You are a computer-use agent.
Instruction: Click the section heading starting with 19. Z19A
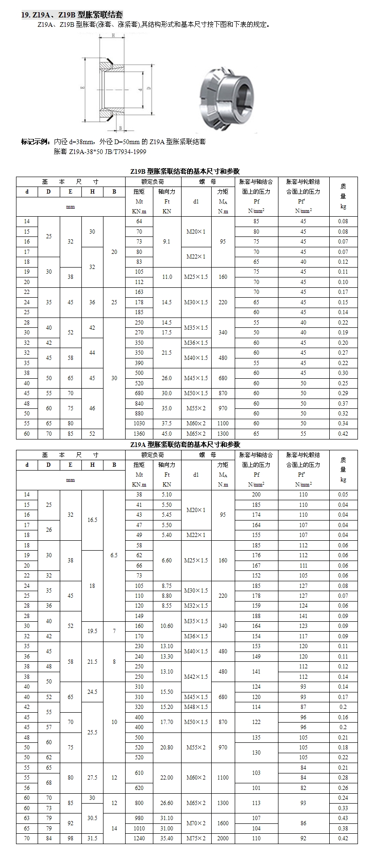[72, 16]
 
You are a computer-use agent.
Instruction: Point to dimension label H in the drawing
[113, 36]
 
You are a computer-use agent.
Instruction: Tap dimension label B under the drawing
[120, 128]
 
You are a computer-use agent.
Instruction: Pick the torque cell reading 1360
[139, 434]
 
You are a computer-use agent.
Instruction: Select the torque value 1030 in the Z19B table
[139, 423]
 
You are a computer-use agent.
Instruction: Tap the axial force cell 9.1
[167, 242]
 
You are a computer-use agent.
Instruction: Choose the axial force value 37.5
[167, 423]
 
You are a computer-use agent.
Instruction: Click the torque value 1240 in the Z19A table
[139, 838]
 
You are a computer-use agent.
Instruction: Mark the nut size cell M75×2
[196, 838]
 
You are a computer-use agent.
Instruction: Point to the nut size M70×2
[196, 823]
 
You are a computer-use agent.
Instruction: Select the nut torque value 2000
[223, 838]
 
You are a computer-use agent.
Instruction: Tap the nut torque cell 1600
[223, 823]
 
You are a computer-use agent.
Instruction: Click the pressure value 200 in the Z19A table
[256, 495]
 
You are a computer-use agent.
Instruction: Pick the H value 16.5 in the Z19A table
[92, 520]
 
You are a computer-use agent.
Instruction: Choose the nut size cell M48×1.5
[196, 707]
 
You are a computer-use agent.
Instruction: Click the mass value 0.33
[343, 808]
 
